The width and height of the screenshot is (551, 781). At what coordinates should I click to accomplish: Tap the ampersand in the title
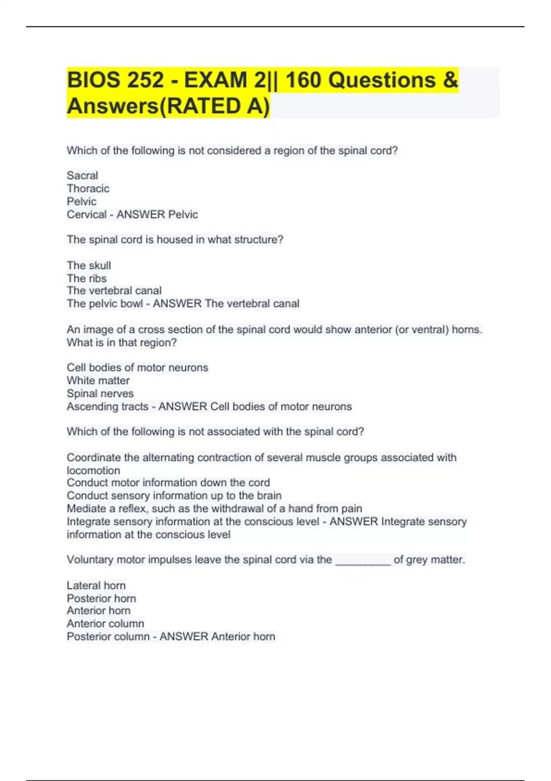point(450,80)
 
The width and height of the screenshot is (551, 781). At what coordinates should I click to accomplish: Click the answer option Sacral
point(82,175)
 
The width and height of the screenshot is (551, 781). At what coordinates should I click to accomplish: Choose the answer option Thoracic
point(88,188)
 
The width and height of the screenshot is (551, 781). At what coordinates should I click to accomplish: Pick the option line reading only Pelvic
point(81,201)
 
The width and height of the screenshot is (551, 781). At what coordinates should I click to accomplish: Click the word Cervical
point(86,215)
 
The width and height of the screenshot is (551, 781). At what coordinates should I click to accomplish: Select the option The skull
point(89,266)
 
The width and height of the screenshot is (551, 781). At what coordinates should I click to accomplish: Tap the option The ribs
point(86,278)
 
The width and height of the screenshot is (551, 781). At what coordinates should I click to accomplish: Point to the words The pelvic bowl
point(105,304)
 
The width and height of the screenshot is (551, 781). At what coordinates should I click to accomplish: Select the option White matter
point(98,380)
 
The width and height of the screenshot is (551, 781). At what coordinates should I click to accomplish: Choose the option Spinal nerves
point(100,394)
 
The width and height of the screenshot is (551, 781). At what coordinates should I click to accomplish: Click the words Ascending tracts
point(107,407)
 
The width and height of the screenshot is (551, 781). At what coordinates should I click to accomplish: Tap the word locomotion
point(93,470)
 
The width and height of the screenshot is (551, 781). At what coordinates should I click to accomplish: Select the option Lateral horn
point(96,586)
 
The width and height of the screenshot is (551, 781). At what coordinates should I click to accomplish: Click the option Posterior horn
point(101,599)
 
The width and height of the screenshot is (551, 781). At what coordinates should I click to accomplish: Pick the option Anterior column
point(105,624)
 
